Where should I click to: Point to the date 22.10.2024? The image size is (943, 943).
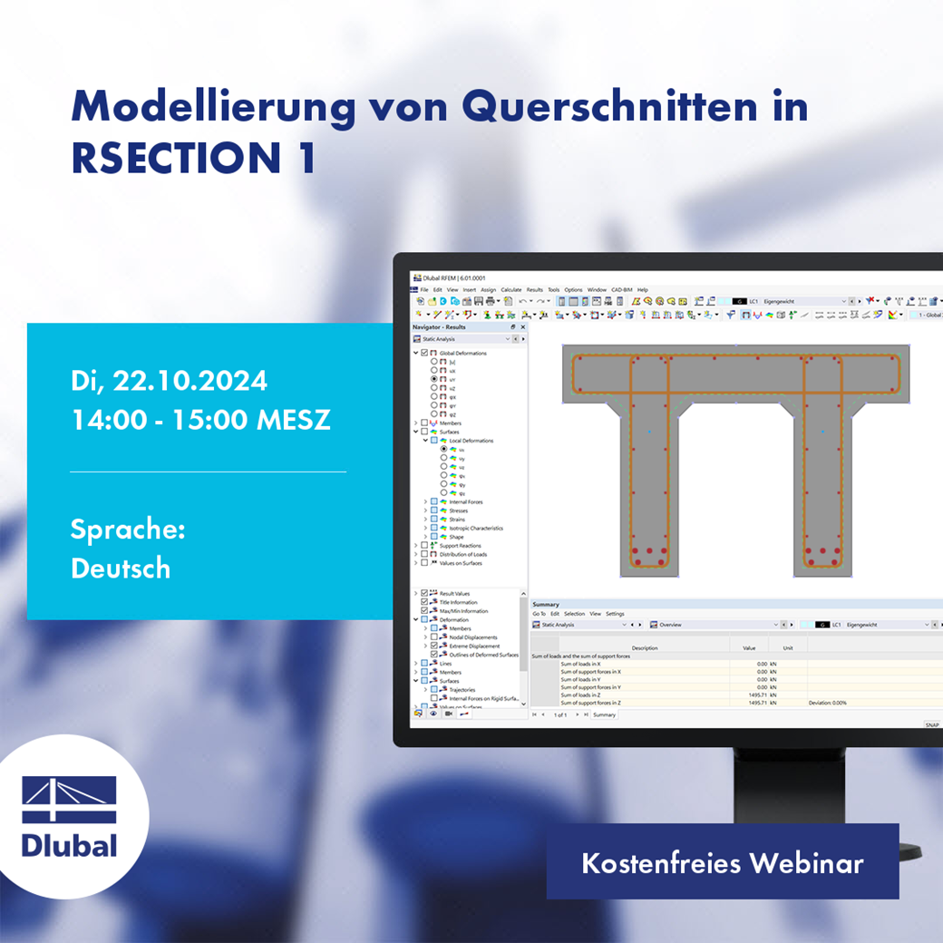[190, 381]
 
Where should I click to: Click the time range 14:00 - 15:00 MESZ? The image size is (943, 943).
[200, 421]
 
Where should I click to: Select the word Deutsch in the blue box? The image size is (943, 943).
[121, 569]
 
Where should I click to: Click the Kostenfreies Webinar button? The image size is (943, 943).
[722, 862]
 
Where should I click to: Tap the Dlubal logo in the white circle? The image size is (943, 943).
[69, 816]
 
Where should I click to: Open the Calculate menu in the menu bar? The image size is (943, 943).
[511, 290]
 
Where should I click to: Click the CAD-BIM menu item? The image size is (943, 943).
[622, 290]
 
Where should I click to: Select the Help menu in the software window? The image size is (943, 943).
[643, 290]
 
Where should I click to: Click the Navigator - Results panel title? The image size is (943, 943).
[439, 326]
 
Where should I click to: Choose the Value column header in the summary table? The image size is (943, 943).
[748, 648]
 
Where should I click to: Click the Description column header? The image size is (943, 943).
[645, 648]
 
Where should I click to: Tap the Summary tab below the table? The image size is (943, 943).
[604, 715]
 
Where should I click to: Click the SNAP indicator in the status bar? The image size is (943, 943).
[932, 724]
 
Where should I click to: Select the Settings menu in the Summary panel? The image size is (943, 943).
[615, 614]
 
